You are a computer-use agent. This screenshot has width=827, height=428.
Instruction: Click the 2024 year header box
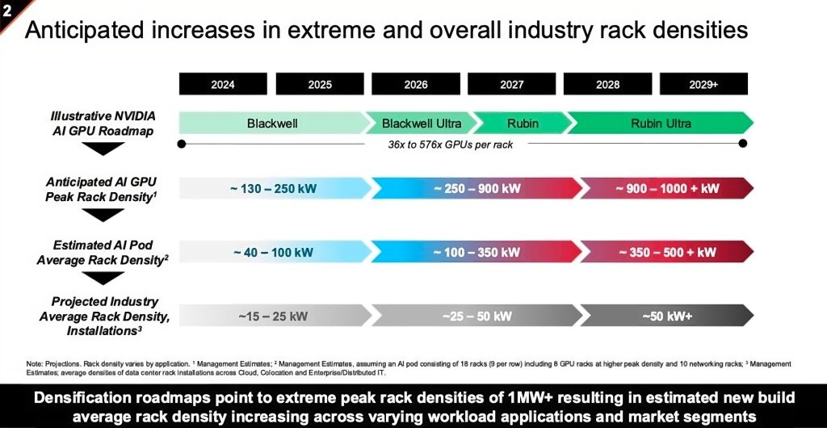click(x=223, y=84)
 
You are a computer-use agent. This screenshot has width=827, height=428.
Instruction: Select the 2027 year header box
click(x=511, y=84)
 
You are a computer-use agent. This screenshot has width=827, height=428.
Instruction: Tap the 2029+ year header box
click(x=703, y=84)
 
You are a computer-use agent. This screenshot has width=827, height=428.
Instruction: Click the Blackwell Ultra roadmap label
click(x=422, y=124)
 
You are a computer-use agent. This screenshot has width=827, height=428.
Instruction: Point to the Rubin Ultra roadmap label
click(x=661, y=124)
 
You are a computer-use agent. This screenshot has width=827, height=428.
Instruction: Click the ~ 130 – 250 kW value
click(x=272, y=188)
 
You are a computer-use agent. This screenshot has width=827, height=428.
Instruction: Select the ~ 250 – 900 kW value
click(x=476, y=188)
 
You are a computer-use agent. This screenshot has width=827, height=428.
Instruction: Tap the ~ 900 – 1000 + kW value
click(x=667, y=188)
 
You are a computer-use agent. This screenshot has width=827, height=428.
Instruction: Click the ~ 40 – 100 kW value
click(x=272, y=252)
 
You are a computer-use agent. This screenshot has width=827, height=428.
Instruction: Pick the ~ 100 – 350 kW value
click(x=476, y=252)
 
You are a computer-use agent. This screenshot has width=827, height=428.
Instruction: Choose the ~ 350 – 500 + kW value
click(x=667, y=252)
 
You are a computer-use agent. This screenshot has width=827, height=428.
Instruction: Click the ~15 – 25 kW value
click(x=272, y=316)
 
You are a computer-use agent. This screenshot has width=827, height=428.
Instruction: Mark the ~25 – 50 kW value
click(x=476, y=316)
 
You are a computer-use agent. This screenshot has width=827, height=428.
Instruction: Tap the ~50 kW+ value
click(x=667, y=316)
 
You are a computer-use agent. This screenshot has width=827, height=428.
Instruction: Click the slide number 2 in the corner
click(x=6, y=6)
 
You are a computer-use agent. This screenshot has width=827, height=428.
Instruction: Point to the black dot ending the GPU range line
click(x=743, y=145)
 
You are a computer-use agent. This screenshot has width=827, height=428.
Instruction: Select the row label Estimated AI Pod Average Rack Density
click(x=103, y=252)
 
